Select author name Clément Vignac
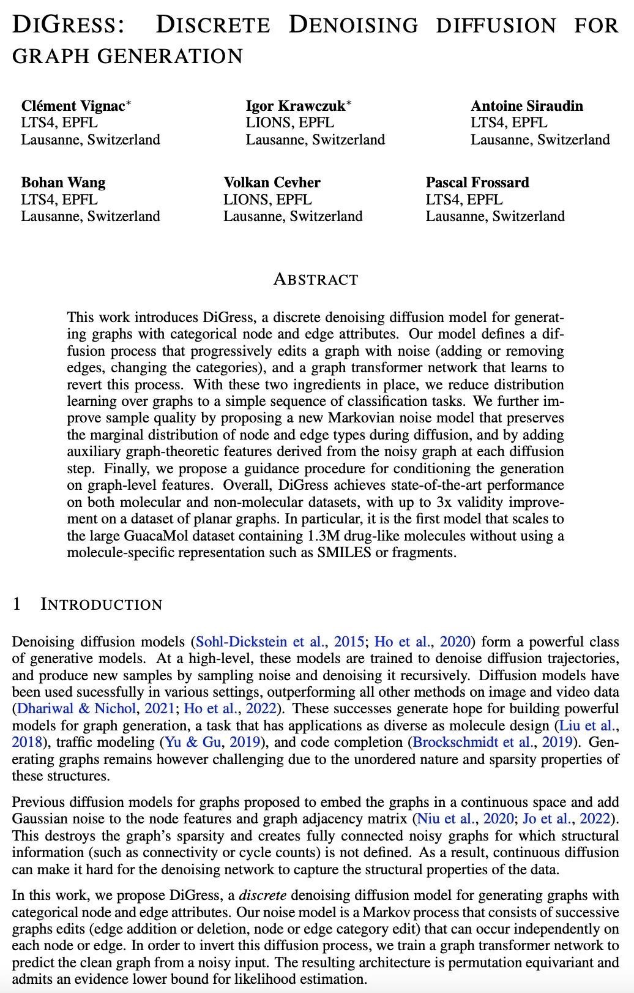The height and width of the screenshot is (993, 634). click(x=73, y=106)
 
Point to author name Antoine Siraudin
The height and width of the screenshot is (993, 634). click(x=527, y=106)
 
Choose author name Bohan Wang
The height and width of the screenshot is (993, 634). click(x=63, y=182)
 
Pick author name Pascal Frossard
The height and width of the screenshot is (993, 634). click(x=477, y=182)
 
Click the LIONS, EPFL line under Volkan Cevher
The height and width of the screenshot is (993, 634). click(x=267, y=200)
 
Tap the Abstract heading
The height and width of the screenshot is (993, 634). click(x=316, y=280)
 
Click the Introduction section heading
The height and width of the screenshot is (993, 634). click(x=102, y=605)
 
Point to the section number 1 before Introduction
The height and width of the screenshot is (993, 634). click(x=17, y=605)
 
